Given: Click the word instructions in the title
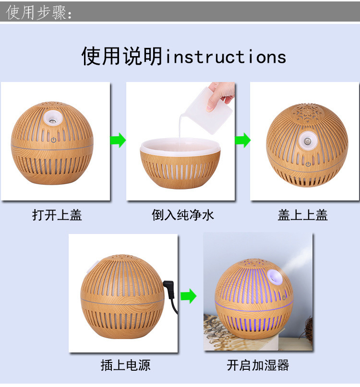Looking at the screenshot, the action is (226, 57).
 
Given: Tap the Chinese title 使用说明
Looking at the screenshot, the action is (122, 57).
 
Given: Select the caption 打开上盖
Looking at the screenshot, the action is (57, 215).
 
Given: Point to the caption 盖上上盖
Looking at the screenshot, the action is (302, 215).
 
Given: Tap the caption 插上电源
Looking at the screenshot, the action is (125, 365).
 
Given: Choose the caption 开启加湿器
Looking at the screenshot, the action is (258, 365).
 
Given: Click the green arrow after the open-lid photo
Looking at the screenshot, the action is (118, 141).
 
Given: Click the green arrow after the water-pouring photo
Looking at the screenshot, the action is (243, 141).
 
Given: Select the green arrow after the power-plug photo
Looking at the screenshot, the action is (189, 296).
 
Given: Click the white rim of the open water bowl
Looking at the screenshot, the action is (180, 144).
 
